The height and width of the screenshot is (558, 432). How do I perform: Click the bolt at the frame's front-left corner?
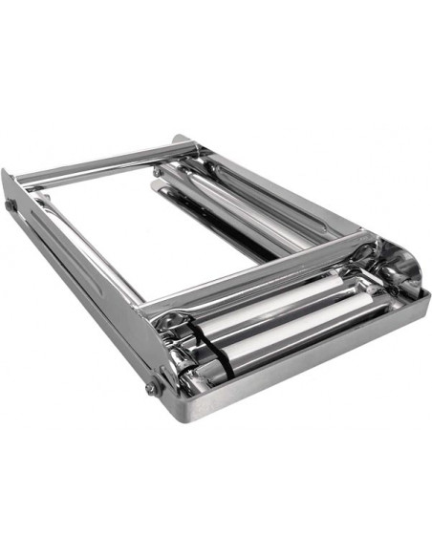152,387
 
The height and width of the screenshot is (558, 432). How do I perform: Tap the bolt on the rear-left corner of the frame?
11,204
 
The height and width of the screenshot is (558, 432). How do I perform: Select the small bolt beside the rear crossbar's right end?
157,172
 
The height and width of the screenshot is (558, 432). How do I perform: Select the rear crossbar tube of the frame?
105,162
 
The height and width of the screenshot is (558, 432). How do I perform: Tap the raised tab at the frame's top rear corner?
181,140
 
